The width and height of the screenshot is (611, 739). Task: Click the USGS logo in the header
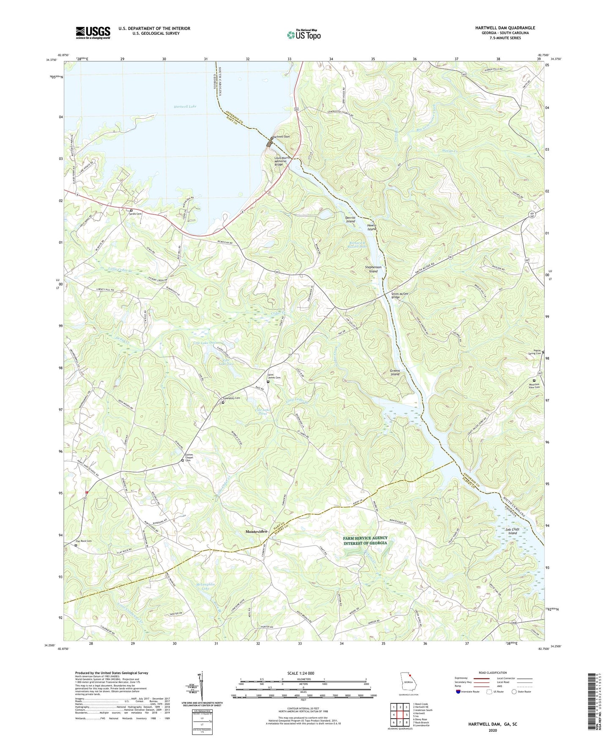93,33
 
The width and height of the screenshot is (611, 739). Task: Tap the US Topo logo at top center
304,35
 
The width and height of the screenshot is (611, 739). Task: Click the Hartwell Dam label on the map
282,137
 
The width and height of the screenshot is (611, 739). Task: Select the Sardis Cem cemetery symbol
131,210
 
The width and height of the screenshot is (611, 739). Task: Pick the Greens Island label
395,372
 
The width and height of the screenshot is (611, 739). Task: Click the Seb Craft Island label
512,531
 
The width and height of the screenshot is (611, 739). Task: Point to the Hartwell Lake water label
185,107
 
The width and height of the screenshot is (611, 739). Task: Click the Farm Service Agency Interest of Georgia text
365,540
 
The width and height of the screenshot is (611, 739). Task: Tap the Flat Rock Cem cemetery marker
76,546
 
